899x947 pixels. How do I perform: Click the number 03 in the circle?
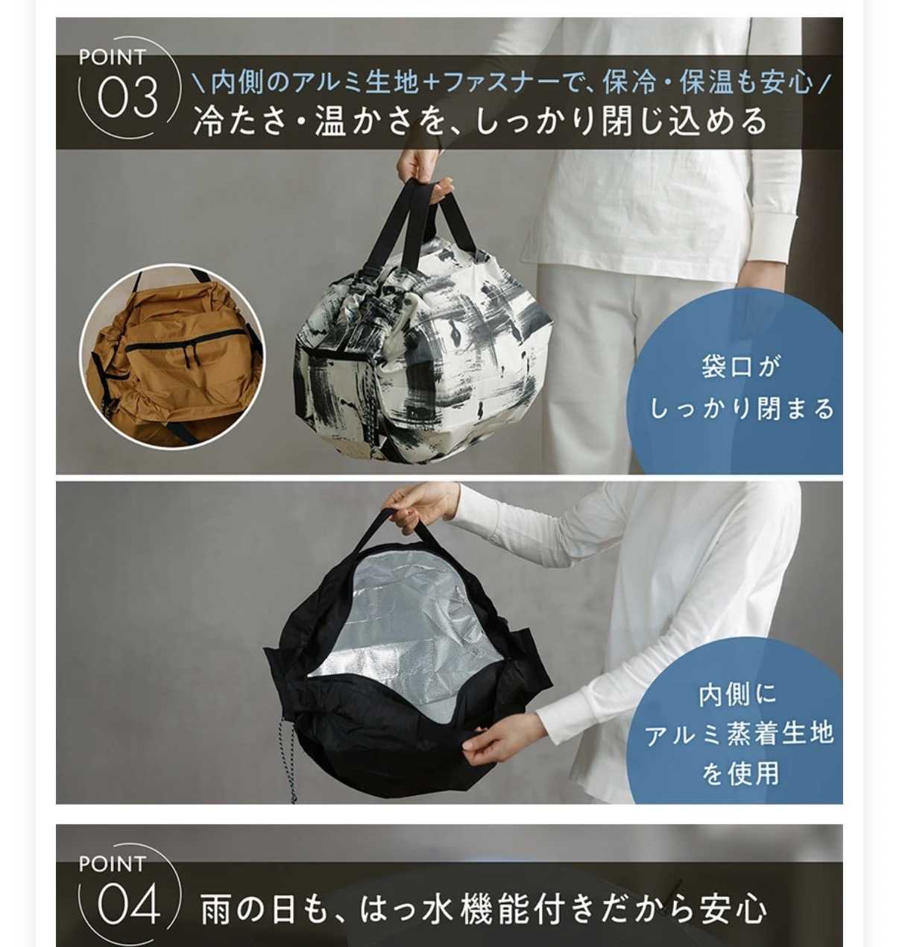tap(127, 97)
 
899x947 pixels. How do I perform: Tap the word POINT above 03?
tap(113, 57)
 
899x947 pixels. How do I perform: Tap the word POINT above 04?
tap(113, 863)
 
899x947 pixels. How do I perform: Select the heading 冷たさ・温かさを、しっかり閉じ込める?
tap(479, 121)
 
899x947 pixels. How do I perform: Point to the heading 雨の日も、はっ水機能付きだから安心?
tap(483, 908)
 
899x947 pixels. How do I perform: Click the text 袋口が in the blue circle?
tap(739, 367)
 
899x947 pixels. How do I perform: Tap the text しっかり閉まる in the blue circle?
tap(742, 409)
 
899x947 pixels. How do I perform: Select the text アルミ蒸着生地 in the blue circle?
tap(739, 734)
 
